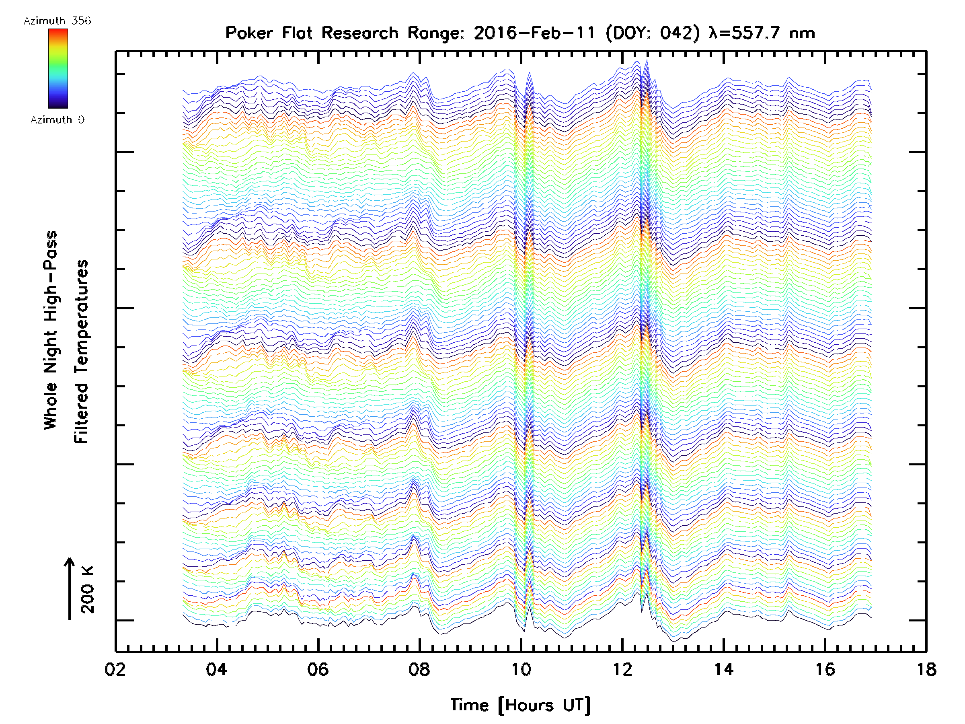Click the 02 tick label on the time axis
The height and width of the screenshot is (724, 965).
[x=115, y=669]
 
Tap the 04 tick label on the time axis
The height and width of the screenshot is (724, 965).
[x=216, y=669]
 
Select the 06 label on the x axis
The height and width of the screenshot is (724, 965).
[x=318, y=669]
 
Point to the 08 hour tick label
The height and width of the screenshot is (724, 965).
[x=419, y=669]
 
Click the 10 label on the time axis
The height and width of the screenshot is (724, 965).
[x=521, y=669]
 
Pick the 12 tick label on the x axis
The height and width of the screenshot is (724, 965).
[x=622, y=669]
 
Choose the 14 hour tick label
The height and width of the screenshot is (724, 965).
[x=723, y=669]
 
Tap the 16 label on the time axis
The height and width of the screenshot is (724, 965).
[x=825, y=669]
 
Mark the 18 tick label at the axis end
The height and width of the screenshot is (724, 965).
[x=926, y=669]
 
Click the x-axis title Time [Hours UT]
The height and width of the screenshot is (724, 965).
[x=520, y=705]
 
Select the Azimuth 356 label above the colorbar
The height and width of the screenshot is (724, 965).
[x=57, y=21]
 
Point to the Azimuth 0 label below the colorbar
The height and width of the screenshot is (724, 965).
[x=57, y=120]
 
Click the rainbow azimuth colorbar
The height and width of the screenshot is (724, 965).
[x=58, y=68]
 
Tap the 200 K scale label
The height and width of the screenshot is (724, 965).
[x=88, y=590]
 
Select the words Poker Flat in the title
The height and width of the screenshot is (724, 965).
[x=268, y=33]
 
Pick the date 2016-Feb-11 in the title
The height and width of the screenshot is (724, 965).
[x=535, y=33]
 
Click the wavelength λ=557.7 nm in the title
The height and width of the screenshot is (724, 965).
[x=762, y=33]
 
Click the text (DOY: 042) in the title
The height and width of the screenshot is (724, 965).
[x=652, y=33]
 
